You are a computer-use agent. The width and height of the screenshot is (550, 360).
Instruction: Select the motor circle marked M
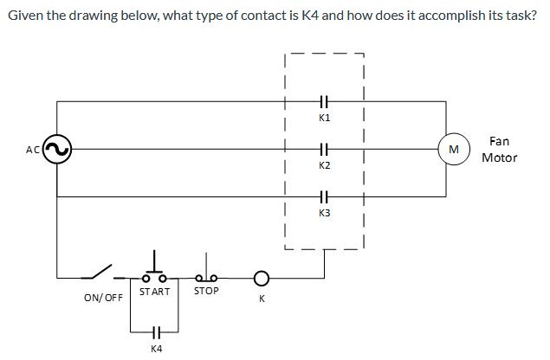pos(453,149)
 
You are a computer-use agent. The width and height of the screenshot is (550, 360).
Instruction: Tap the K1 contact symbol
pos(325,101)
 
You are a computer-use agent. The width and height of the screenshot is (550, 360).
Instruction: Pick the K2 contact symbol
pos(325,149)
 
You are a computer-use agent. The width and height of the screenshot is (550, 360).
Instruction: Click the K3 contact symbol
pos(325,196)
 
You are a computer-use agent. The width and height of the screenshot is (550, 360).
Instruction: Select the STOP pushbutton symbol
pos(206,273)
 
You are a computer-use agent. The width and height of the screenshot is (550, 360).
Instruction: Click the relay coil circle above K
pos(261,279)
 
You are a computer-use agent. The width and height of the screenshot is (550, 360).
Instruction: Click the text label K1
pos(325,117)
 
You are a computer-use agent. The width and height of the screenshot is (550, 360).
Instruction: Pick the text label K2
pos(325,164)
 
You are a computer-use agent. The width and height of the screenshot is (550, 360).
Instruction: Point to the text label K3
pos(325,212)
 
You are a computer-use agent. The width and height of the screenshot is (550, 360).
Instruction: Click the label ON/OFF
pos(103,298)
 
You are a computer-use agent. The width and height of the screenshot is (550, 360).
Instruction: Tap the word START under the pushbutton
pos(154,292)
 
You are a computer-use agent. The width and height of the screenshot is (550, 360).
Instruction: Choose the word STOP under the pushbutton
pos(206,292)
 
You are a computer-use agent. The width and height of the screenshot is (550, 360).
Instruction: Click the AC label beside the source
pos(33,150)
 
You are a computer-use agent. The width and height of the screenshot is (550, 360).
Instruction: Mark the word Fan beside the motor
pos(499,140)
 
